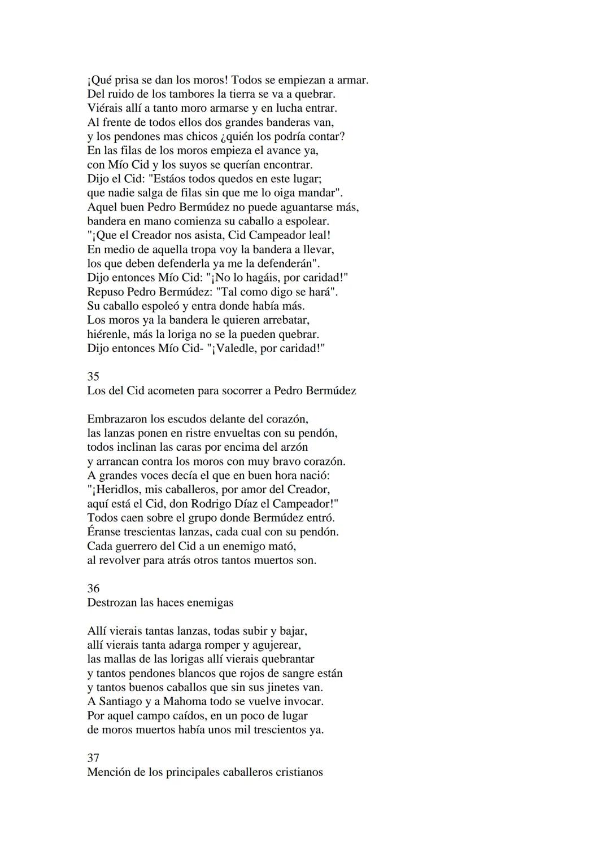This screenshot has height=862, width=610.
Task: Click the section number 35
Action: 93,376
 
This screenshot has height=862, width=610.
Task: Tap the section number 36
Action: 93,588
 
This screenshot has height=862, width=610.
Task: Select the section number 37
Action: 93,758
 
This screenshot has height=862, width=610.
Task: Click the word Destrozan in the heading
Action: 112,602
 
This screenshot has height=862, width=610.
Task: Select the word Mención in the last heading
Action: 109,772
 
